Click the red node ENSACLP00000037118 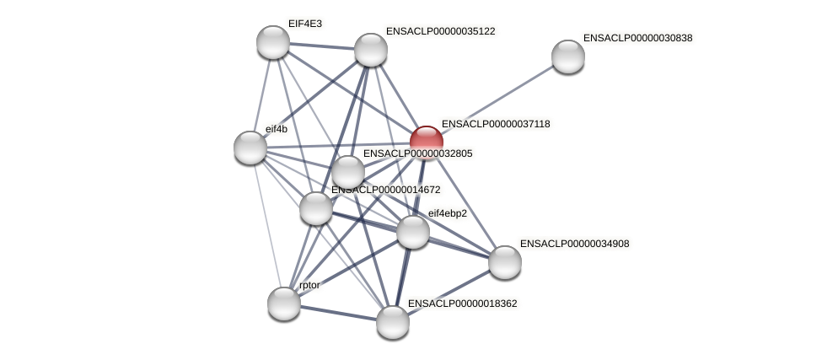[x=427, y=142]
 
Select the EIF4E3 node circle [x=273, y=42]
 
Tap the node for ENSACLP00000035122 [x=371, y=50]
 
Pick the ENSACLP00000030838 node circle [x=568, y=56]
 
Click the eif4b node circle [x=250, y=148]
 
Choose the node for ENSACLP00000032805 [x=348, y=173]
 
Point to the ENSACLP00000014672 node [x=316, y=208]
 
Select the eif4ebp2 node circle [x=413, y=232]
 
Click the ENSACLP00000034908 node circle [x=505, y=262]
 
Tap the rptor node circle [x=284, y=304]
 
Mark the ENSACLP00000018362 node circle [x=393, y=322]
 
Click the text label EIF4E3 [x=304, y=24]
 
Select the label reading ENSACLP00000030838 [x=637, y=38]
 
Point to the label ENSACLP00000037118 [x=496, y=124]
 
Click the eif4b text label [x=276, y=129]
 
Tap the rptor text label [x=309, y=285]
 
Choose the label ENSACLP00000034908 [x=574, y=244]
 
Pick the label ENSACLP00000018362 [x=462, y=303]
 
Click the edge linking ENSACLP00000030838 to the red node [x=497, y=99]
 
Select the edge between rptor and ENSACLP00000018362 [x=338, y=313]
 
